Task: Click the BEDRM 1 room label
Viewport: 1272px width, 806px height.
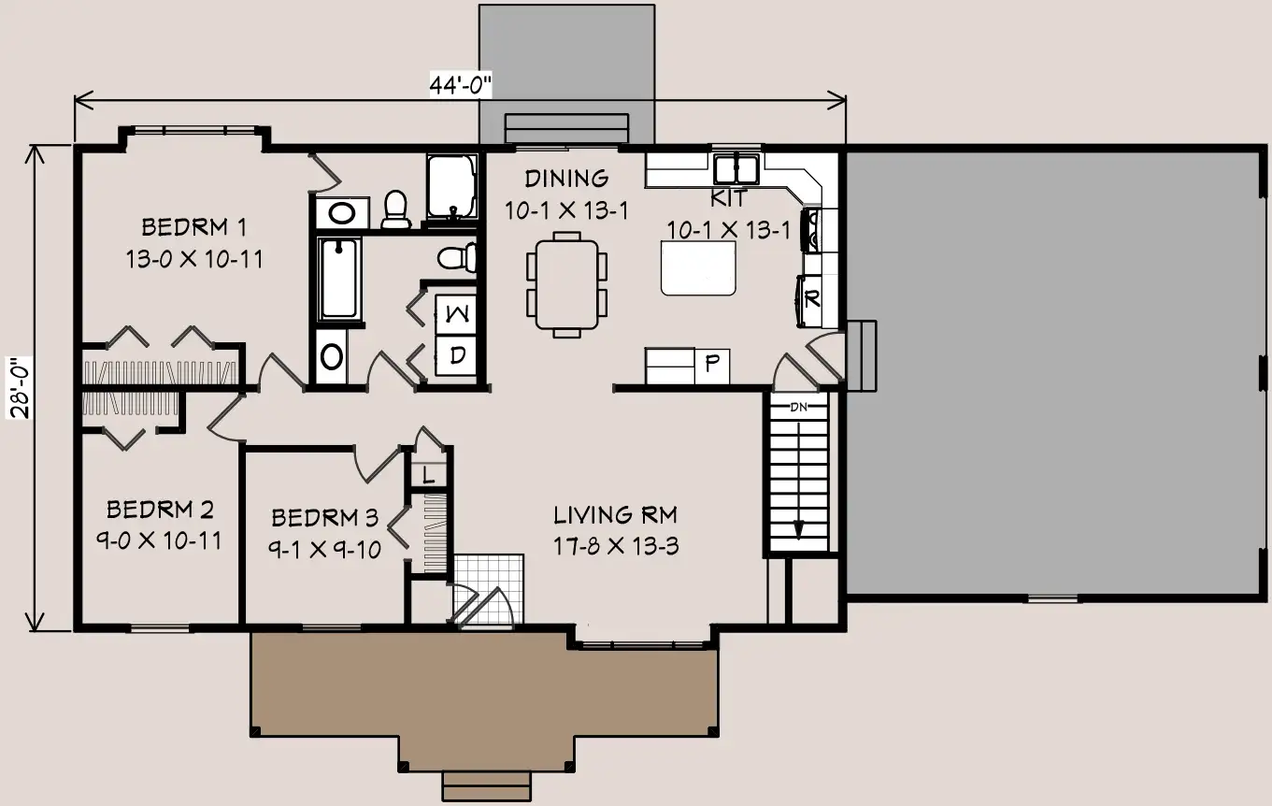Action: click(194, 227)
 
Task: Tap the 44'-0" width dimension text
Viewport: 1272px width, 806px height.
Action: click(460, 85)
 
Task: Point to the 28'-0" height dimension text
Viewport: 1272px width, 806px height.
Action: click(21, 387)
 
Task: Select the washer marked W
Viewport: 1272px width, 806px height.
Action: click(456, 314)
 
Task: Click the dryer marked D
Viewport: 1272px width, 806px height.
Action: click(456, 355)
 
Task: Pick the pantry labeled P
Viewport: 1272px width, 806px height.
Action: click(712, 366)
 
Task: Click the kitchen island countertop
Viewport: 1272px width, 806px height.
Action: click(698, 268)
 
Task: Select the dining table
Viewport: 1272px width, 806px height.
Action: click(566, 284)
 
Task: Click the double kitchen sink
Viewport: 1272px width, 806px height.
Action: click(736, 168)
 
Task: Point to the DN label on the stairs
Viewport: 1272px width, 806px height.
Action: click(798, 407)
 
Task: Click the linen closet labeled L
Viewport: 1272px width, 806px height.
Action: click(429, 474)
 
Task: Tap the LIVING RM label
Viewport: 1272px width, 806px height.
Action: click(616, 515)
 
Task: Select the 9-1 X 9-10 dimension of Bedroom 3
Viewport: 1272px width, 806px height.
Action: click(324, 549)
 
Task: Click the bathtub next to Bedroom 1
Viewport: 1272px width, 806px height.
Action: click(339, 280)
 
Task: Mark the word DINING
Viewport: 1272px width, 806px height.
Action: click(566, 179)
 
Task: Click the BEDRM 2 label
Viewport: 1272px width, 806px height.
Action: click(160, 510)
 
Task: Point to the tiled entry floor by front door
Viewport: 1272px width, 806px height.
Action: click(489, 590)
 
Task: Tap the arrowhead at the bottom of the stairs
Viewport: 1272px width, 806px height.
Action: click(799, 530)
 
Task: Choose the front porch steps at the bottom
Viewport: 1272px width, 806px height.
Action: click(486, 785)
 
